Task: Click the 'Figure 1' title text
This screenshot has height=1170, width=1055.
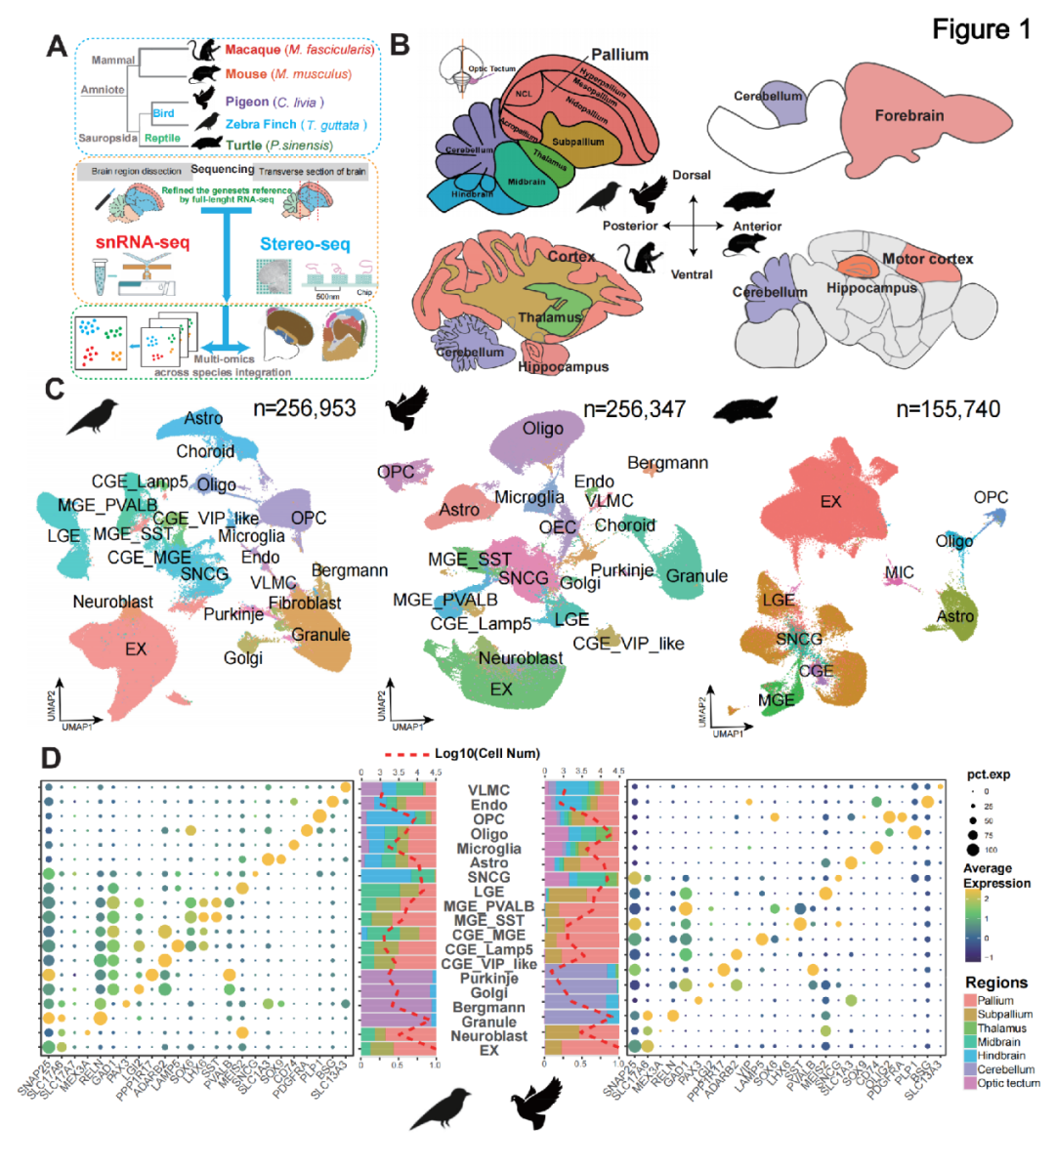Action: [x=981, y=29]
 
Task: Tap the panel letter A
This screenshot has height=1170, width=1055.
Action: [x=57, y=47]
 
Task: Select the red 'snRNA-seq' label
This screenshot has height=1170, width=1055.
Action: [x=142, y=243]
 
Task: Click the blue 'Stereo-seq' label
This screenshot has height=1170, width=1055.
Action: [x=305, y=244]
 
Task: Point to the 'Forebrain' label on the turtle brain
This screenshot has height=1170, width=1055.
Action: [x=908, y=115]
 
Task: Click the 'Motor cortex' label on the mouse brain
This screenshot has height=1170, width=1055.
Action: [x=927, y=259]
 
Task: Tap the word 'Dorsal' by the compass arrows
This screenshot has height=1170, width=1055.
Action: [x=692, y=176]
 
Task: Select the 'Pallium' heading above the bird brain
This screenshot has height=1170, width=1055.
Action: [x=619, y=55]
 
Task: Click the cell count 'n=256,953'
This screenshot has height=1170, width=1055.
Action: [x=305, y=408]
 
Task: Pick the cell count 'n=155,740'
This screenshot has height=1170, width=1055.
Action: [x=948, y=408]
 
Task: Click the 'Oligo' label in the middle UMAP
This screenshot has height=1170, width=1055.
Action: [x=542, y=429]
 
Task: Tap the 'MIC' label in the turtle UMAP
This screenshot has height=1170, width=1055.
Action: [x=899, y=572]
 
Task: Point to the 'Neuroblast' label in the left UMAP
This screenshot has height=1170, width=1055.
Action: [x=112, y=602]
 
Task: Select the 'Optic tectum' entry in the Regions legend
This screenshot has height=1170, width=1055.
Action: [x=1008, y=1083]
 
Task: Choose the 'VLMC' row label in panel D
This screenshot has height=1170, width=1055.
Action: [x=488, y=791]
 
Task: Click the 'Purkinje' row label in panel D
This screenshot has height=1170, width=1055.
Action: [x=488, y=979]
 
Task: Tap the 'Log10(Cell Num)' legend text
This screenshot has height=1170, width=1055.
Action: [x=486, y=753]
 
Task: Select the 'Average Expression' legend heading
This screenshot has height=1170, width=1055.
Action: [x=996, y=875]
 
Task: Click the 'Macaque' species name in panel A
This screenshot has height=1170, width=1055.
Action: [x=252, y=50]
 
